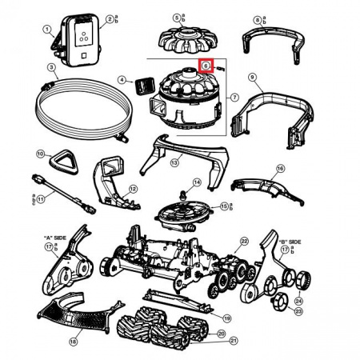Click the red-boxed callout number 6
(206, 66)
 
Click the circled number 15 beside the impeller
(224, 206)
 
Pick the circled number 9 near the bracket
(251, 78)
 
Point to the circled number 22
(244, 240)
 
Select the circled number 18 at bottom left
(73, 342)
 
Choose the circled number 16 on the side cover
(280, 169)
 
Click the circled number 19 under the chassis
(226, 318)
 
